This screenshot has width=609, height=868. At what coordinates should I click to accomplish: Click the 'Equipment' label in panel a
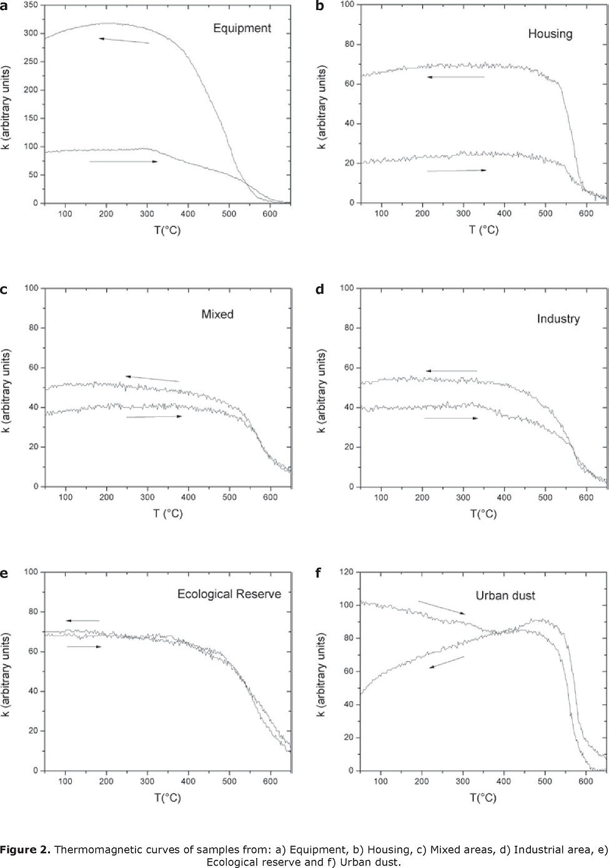pos(242,28)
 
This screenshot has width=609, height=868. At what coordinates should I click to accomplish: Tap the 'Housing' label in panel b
pos(550,34)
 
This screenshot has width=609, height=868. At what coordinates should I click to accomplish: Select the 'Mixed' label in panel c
pos(217,314)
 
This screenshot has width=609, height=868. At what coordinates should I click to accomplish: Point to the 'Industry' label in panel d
pos(558,319)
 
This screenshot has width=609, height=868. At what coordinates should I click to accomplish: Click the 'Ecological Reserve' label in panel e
pos(229,593)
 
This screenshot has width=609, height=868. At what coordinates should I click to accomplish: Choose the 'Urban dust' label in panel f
pos(505,596)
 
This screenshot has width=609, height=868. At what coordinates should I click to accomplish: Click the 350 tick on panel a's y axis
pos(29,5)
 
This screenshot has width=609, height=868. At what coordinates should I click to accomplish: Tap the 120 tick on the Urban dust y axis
pos(347,572)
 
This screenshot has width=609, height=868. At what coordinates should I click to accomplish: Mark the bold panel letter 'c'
pos(4,289)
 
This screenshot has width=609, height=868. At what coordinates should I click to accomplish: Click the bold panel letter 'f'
pos(319,572)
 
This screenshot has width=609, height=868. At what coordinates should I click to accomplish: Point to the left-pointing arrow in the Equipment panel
pos(124,41)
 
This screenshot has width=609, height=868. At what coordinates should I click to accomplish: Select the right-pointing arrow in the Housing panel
pos(457,170)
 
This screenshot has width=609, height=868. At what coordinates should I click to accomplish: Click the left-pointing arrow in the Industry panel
pos(451,371)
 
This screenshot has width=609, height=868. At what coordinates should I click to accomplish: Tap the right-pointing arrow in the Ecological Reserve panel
pos(84,647)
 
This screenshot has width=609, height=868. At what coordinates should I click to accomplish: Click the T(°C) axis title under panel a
pos(167,230)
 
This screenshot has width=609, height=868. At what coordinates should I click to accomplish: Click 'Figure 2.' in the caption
pos(25,849)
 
